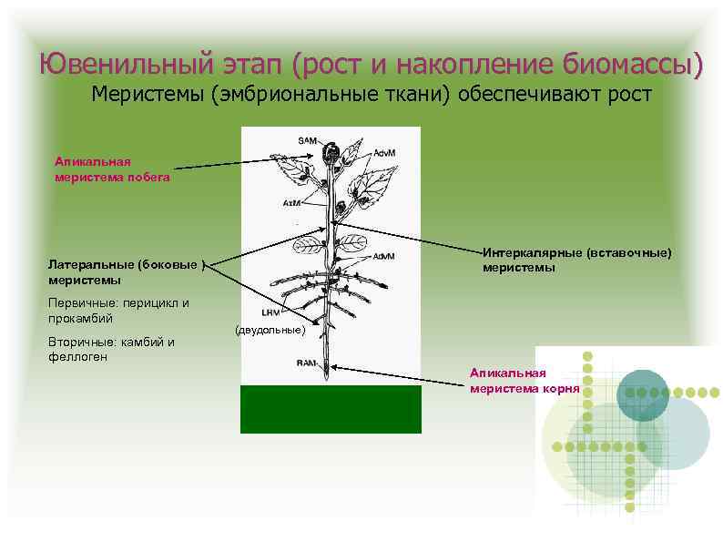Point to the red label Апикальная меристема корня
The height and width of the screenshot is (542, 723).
pos(524,381)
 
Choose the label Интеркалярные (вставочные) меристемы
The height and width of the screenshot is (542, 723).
pos(576,259)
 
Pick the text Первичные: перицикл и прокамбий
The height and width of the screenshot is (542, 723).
pos(118,310)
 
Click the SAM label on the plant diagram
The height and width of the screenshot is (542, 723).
pos(307,140)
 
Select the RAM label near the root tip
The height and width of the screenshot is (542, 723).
pos(306,363)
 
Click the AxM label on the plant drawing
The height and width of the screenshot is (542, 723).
pos(291,202)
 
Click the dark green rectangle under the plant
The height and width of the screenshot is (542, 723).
pos(331,409)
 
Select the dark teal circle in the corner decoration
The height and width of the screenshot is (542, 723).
pos(642,394)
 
